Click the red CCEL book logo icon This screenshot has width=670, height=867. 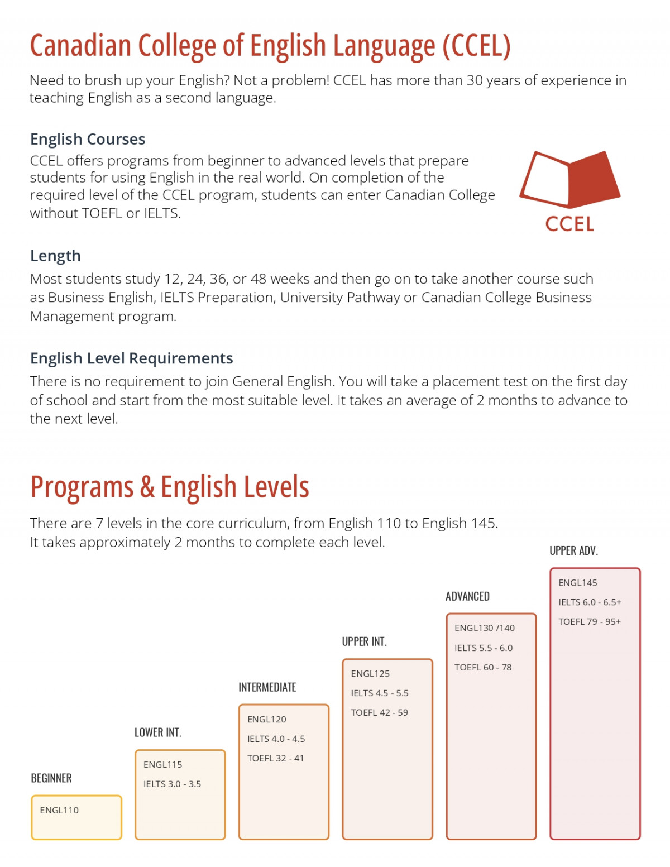(569, 178)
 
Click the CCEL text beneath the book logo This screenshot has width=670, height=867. (569, 224)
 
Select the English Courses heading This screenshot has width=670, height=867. (88, 139)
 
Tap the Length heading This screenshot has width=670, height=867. (55, 256)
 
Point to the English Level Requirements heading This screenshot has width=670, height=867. (132, 358)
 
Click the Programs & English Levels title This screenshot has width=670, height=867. (170, 487)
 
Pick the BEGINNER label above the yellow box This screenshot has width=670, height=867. (51, 778)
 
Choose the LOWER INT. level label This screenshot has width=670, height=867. (158, 732)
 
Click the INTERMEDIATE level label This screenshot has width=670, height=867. (267, 687)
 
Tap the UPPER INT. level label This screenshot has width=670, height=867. (365, 641)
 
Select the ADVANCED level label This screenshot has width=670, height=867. (468, 596)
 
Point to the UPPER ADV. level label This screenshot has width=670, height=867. (574, 551)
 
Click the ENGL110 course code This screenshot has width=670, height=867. (59, 810)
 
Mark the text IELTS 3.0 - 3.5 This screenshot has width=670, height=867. (172, 784)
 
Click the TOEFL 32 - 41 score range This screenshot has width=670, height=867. (276, 758)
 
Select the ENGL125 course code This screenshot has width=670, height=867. (370, 674)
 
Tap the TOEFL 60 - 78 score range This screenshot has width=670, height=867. (483, 667)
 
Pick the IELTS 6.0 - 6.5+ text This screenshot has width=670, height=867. (590, 602)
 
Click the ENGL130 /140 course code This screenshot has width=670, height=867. (485, 628)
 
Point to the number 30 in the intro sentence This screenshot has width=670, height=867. (475, 80)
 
